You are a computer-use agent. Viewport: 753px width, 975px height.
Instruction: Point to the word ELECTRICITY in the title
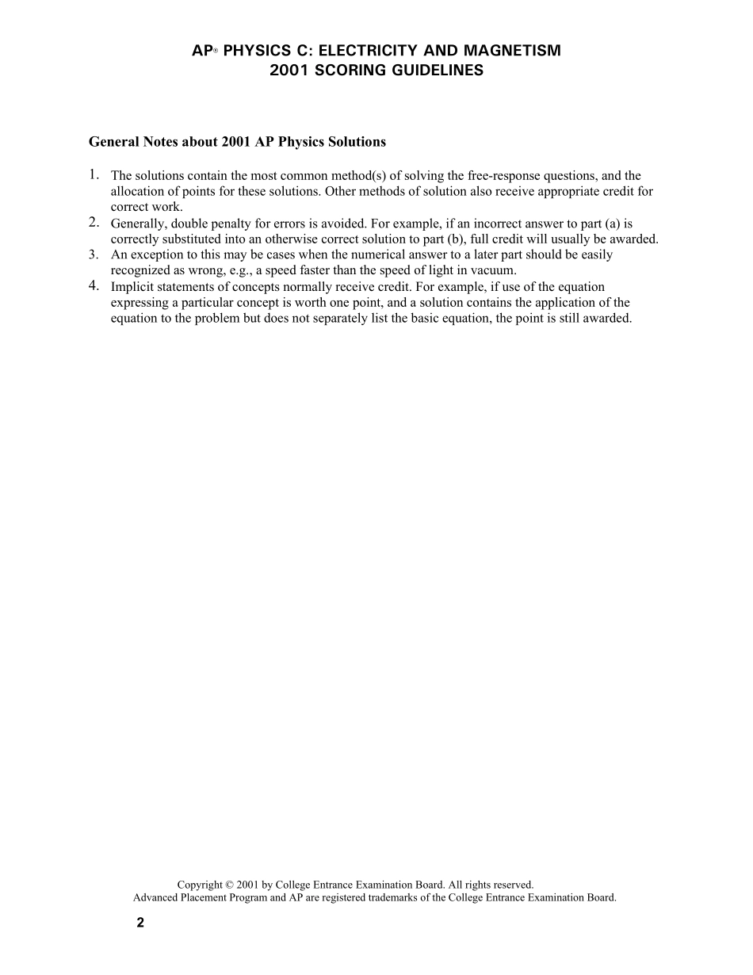click(x=364, y=51)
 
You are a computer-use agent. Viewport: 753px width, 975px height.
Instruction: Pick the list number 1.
click(x=94, y=174)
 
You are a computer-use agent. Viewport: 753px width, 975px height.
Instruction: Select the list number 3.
click(x=94, y=254)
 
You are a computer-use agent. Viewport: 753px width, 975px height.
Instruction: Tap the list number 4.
click(x=94, y=285)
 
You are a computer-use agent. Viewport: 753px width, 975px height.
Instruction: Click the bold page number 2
click(x=140, y=923)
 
